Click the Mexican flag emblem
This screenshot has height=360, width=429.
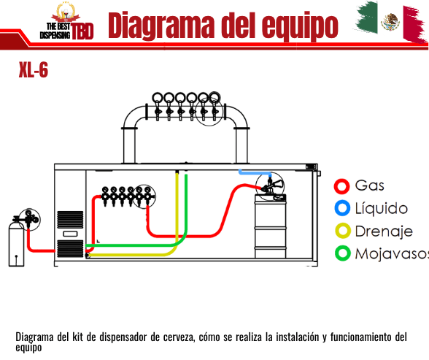pyautogui.click(x=390, y=22)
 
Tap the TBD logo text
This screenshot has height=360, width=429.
pyautogui.click(x=82, y=31)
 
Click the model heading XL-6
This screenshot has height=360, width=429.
pyautogui.click(x=34, y=70)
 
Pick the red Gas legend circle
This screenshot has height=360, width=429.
pyautogui.click(x=341, y=186)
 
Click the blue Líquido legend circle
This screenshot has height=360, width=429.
pyautogui.click(x=342, y=208)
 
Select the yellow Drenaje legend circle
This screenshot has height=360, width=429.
pyautogui.click(x=343, y=231)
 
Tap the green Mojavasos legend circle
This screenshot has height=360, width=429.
pyautogui.click(x=343, y=253)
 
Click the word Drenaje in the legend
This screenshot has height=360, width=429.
pyautogui.click(x=384, y=231)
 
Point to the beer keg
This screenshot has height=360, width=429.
pyautogui.click(x=270, y=226)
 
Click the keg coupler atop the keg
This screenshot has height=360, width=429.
pyautogui.click(x=271, y=185)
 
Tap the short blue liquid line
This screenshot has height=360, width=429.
pyautogui.click(x=255, y=172)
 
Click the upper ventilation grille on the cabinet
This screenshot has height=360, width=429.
pyautogui.click(x=70, y=220)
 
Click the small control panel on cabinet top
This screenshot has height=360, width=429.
pyautogui.click(x=312, y=166)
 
